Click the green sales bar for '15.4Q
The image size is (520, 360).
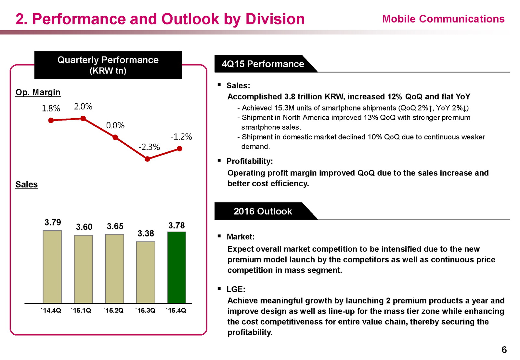(176, 267)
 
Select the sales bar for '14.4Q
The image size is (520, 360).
(52, 266)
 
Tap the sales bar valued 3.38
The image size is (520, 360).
(146, 272)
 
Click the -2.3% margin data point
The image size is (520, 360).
(147, 159)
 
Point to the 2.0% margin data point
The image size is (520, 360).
(83, 119)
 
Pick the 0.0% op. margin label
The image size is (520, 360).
(115, 125)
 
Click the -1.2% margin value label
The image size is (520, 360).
(181, 137)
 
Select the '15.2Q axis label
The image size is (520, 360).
(113, 311)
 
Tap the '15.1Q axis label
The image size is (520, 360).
(81, 311)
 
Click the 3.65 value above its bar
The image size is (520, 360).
(115, 226)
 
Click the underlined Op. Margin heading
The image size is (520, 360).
(38, 92)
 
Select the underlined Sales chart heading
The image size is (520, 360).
(27, 185)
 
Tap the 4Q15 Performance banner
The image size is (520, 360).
(263, 64)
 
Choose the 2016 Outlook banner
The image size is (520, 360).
(263, 212)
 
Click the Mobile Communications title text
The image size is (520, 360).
(443, 19)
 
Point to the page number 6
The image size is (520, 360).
(504, 350)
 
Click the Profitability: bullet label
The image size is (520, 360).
(250, 161)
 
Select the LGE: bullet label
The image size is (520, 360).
(236, 289)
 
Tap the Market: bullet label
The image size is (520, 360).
(240, 237)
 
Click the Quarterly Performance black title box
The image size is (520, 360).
(108, 65)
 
